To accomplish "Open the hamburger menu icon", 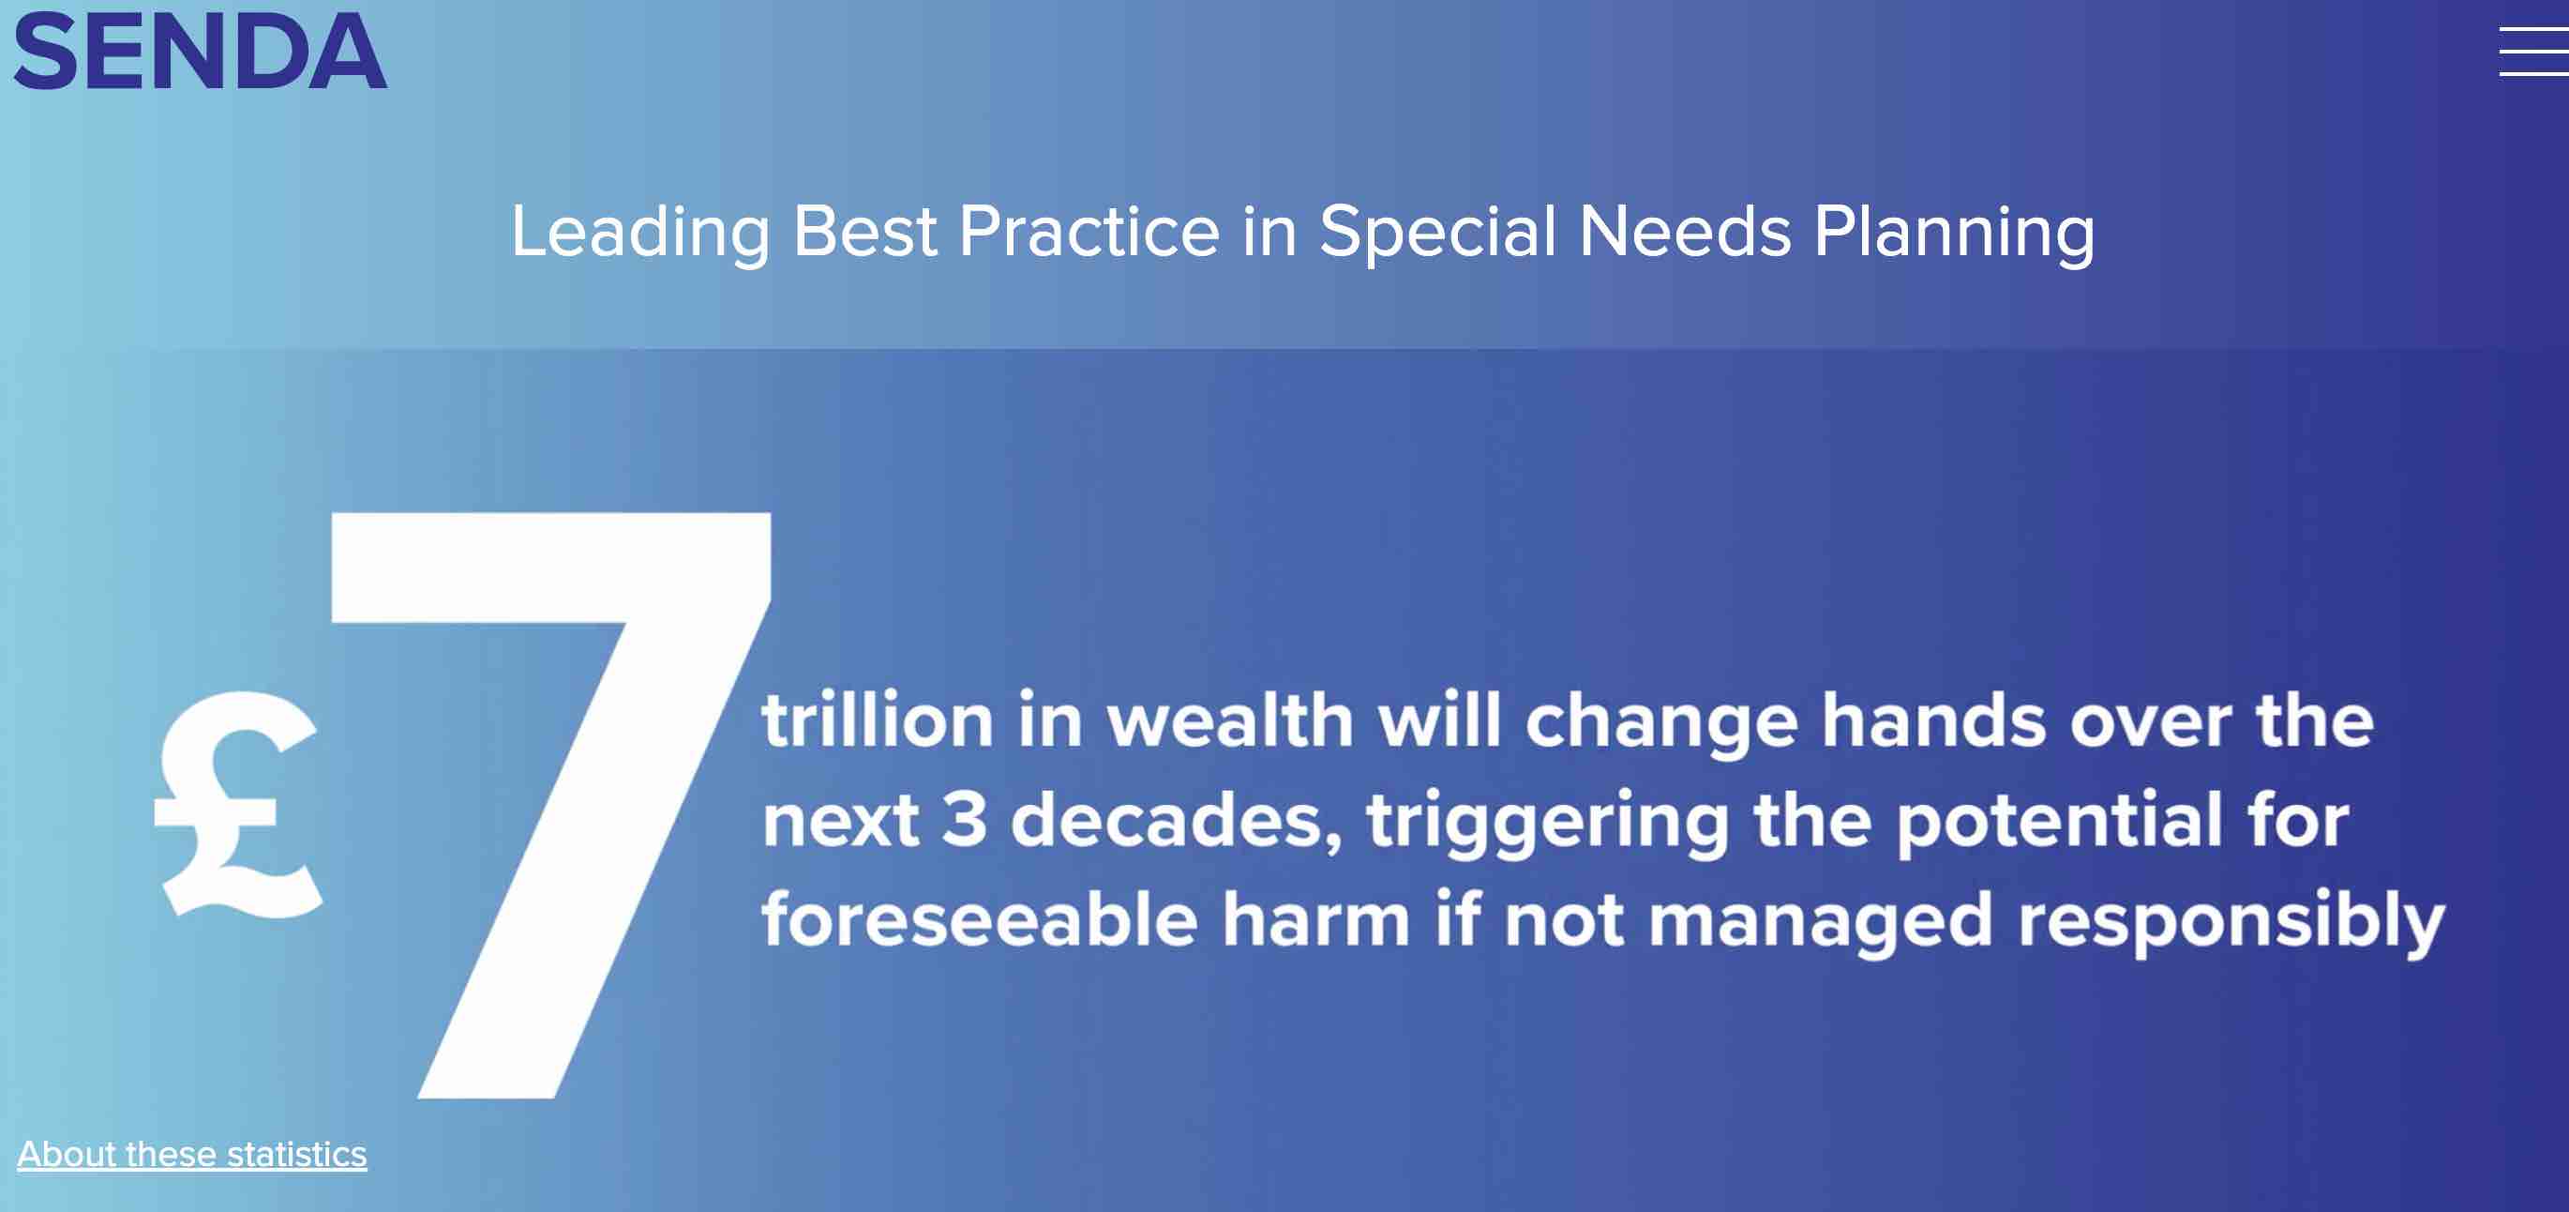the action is tap(2533, 51).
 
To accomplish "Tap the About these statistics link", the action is tap(192, 1154).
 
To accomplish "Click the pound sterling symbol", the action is tap(238, 804).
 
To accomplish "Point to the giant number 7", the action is tap(550, 805).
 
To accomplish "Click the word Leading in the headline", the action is tap(640, 233).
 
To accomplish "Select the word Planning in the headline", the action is tap(1954, 233).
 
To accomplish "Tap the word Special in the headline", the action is tap(1437, 233).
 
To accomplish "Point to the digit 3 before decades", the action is tap(965, 819).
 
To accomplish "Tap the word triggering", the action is tap(1548, 823).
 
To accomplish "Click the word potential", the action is tap(2059, 823).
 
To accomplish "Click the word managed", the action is tap(1820, 923).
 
